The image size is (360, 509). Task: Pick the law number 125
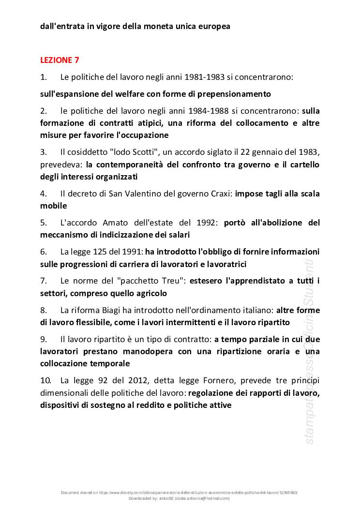coord(105,252)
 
